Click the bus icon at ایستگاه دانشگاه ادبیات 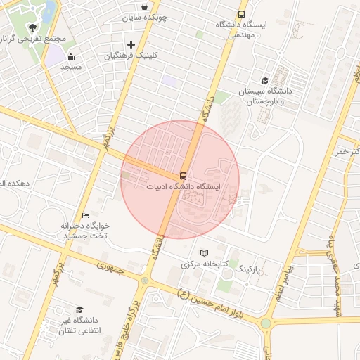(183, 176)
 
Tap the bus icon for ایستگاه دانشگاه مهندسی (242, 14)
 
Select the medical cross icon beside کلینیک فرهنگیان (131, 45)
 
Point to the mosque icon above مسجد (70, 57)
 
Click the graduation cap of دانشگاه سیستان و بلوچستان (265, 80)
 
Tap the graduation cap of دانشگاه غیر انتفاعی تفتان (79, 310)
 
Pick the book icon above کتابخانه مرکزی (205, 253)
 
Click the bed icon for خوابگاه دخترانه (86, 215)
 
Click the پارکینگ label (247, 269)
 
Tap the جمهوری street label (110, 267)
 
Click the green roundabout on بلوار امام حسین (266, 324)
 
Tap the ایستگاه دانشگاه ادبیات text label (184, 188)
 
